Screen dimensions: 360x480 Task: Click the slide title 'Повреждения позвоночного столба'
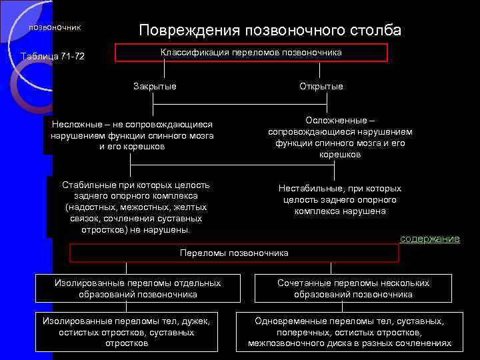(270, 30)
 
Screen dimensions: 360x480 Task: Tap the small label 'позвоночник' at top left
(55, 27)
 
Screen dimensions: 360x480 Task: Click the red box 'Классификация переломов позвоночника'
(251, 53)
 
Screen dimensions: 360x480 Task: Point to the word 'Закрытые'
(155, 86)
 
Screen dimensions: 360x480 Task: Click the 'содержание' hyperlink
(430, 238)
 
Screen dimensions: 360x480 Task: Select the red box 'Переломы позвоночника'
(234, 253)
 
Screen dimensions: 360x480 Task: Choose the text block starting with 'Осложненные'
(340, 137)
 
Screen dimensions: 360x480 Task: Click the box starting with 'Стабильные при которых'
(135, 207)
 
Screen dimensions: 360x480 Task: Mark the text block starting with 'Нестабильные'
(339, 199)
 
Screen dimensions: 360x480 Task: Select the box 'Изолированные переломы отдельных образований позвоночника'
(137, 289)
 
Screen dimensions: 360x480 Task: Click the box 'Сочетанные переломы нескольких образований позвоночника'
(353, 289)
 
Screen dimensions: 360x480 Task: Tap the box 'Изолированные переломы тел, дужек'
(127, 332)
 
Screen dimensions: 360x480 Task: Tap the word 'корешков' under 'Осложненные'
(340, 155)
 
